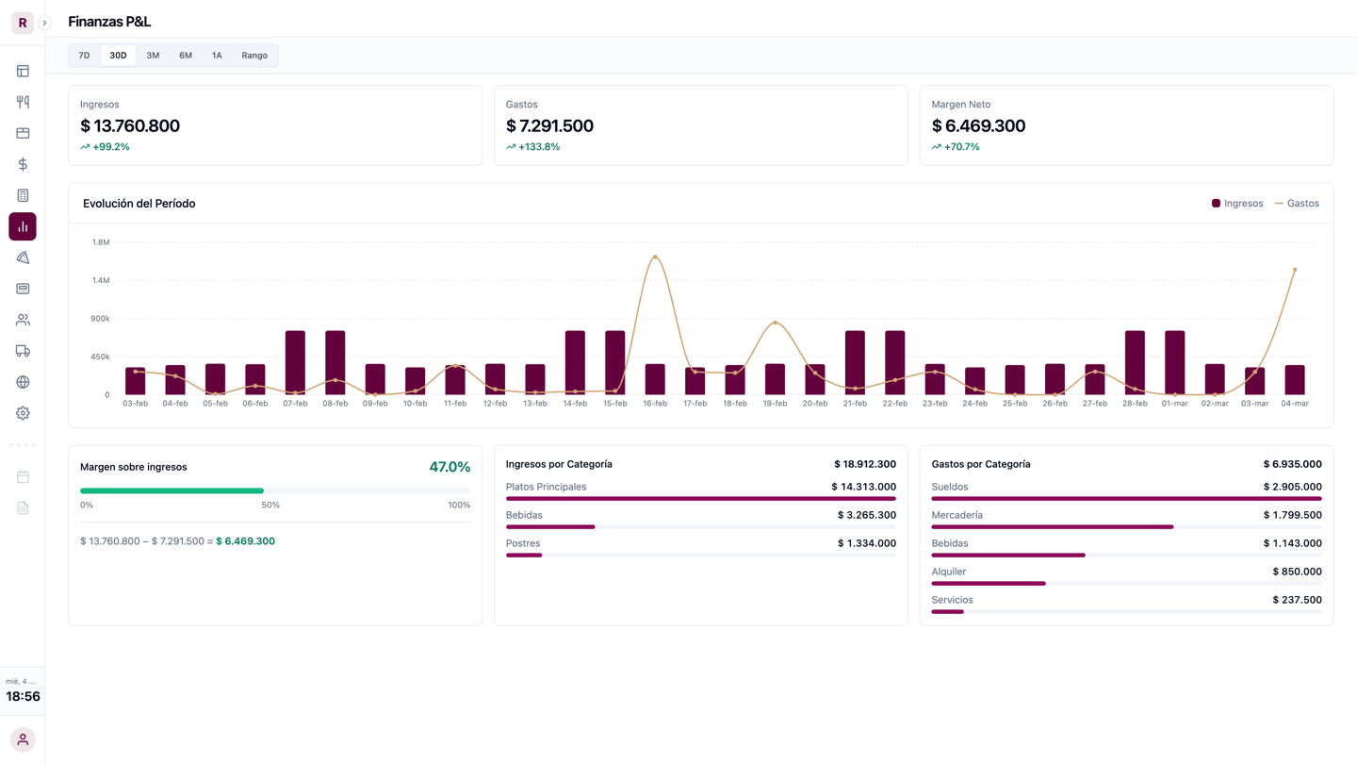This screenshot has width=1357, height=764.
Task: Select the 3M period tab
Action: pos(153,55)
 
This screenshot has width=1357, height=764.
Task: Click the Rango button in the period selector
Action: pos(254,55)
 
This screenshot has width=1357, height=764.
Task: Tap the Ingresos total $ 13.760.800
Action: pos(130,125)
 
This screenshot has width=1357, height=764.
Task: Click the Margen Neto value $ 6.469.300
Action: pos(978,125)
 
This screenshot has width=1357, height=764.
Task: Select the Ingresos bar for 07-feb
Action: pos(295,362)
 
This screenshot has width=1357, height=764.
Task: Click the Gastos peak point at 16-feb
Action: pos(655,257)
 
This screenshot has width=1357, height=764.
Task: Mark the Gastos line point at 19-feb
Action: pos(775,323)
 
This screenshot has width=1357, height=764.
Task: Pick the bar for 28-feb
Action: pos(1135,362)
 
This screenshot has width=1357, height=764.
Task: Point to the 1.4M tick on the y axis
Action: pos(101,280)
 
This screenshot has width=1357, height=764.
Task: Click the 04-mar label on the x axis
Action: pos(1295,404)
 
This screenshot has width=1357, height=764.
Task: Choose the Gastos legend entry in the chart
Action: pos(1297,203)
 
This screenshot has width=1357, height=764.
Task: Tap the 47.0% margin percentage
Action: pos(450,467)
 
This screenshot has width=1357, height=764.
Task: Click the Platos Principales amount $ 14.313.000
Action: pos(864,487)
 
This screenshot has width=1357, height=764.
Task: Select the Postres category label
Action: pos(523,543)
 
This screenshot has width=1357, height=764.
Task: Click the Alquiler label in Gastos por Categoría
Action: pos(949,572)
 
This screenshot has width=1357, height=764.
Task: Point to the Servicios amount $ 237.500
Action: pos(1297,600)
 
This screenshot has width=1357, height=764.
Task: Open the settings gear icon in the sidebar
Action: pos(23,413)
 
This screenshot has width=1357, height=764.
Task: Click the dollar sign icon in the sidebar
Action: pos(23,164)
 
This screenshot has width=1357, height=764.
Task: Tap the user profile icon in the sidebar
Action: pos(23,739)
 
